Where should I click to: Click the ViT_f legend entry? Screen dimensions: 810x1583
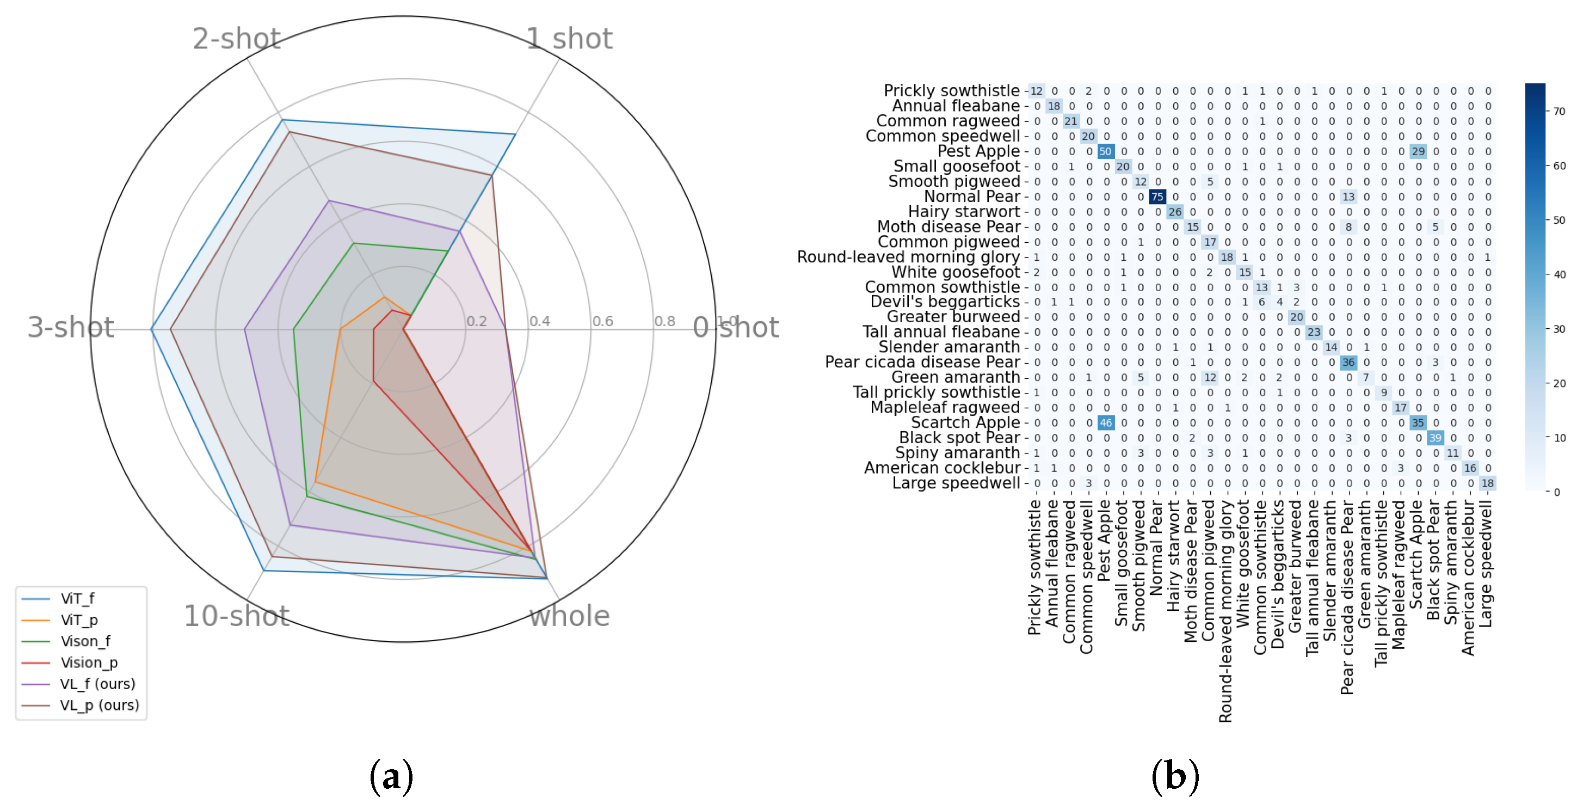pyautogui.click(x=77, y=598)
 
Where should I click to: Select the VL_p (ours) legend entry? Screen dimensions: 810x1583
pyautogui.click(x=99, y=705)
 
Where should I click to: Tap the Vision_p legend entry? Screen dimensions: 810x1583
pyautogui.click(x=89, y=662)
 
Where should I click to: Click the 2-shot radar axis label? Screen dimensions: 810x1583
pyautogui.click(x=237, y=39)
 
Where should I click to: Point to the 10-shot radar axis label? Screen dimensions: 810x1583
pyautogui.click(x=237, y=616)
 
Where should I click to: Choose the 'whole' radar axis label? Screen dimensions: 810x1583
pyautogui.click(x=570, y=616)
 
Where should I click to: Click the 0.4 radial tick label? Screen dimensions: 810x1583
pyautogui.click(x=539, y=321)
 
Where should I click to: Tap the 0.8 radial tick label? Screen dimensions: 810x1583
pyautogui.click(x=664, y=321)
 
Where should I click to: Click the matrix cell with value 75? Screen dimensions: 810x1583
pyautogui.click(x=1157, y=197)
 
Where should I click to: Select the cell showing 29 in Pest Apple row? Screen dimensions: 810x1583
pyautogui.click(x=1418, y=151)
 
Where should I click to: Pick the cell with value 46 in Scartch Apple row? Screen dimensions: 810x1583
pyautogui.click(x=1106, y=423)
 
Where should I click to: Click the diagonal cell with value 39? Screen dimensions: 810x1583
pyautogui.click(x=1435, y=438)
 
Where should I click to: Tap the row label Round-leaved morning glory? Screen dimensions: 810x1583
pyautogui.click(x=908, y=257)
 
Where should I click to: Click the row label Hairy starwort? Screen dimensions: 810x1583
pyautogui.click(x=964, y=211)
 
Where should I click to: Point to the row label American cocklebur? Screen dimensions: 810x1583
pyautogui.click(x=941, y=468)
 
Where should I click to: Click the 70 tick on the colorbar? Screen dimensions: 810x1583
pyautogui.click(x=1559, y=111)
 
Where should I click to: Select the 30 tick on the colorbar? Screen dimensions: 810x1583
pyautogui.click(x=1559, y=329)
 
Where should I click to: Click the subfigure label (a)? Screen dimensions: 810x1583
pyautogui.click(x=391, y=776)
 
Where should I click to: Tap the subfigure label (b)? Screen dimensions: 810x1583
pyautogui.click(x=1175, y=776)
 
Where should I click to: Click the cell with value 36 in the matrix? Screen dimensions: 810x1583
pyautogui.click(x=1348, y=363)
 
